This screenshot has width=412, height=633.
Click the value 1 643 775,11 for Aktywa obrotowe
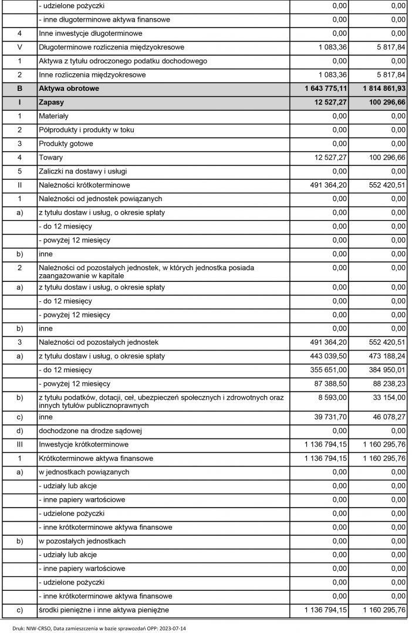pos(318,89)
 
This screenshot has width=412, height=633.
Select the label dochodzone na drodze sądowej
pos(90,431)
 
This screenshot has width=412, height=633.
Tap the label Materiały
pos(53,116)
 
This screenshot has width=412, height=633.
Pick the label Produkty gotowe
pos(66,144)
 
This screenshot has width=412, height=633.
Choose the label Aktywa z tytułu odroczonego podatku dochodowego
pos(123,61)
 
